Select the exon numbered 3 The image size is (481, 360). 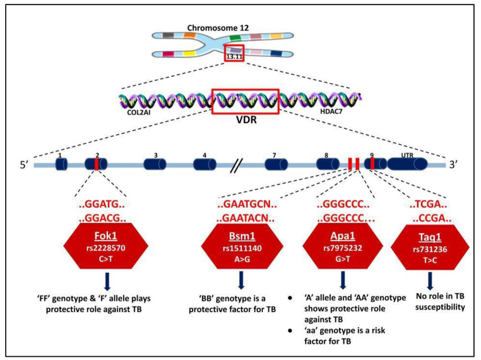point(155,165)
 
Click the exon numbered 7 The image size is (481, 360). point(276,165)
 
